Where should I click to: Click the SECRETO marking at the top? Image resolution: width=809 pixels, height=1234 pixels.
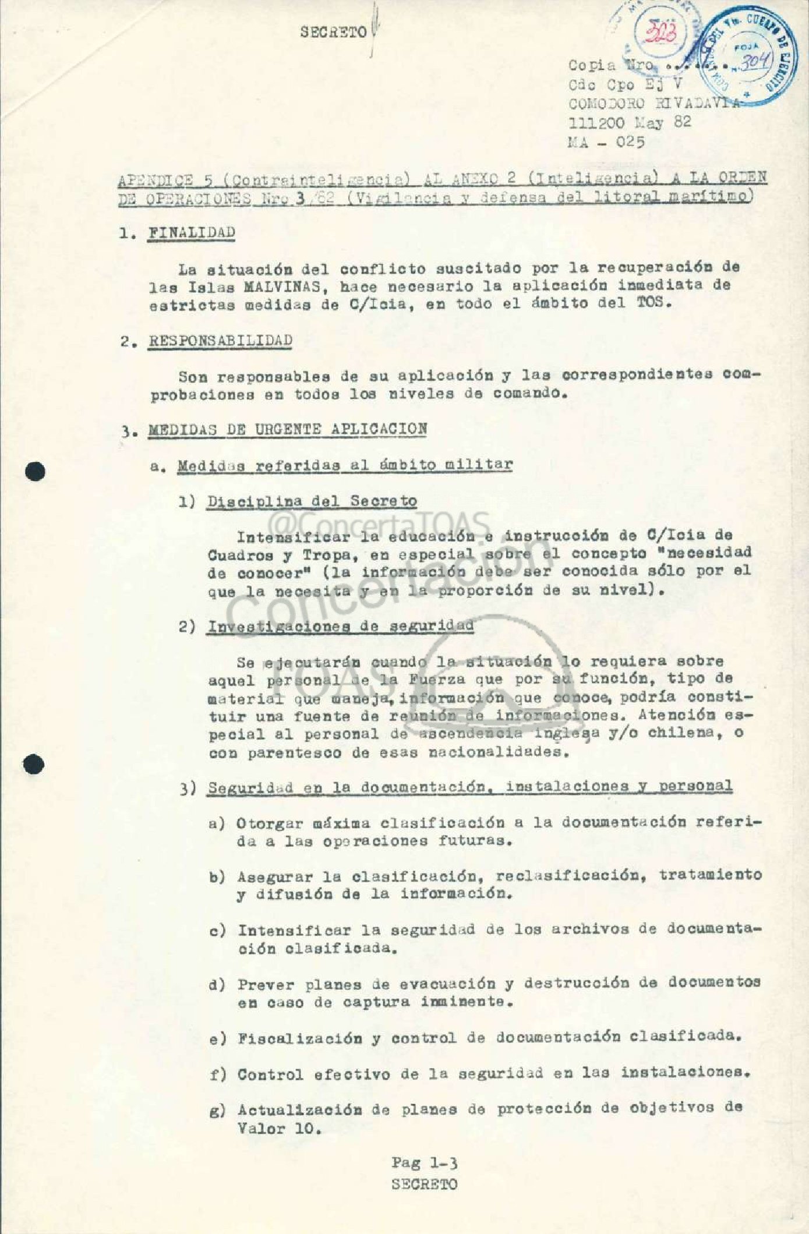(x=334, y=33)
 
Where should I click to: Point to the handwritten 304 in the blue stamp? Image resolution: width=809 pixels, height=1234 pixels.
(x=755, y=62)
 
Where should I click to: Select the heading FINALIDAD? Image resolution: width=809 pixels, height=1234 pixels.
(x=192, y=232)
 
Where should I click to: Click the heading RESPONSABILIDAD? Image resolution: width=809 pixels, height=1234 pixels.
(x=220, y=341)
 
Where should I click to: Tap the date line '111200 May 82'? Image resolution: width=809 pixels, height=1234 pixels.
(x=629, y=123)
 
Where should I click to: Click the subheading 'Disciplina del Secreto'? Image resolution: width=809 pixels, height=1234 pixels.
(x=312, y=501)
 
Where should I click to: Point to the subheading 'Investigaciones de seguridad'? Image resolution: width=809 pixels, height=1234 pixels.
(x=341, y=627)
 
